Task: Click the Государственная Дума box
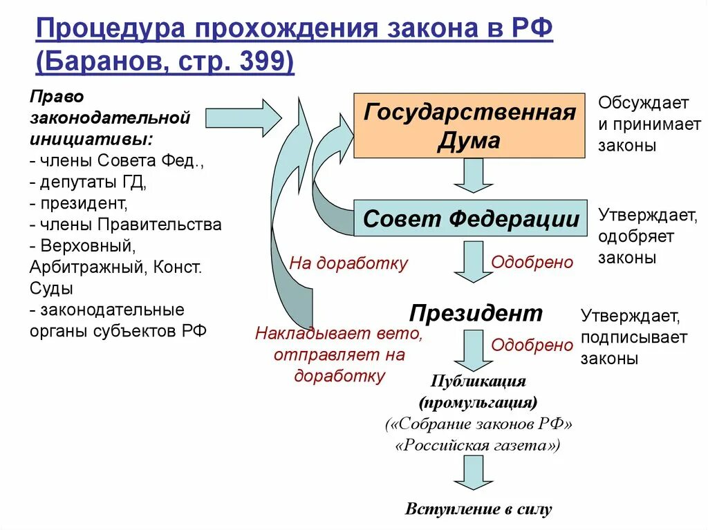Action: click(x=469, y=126)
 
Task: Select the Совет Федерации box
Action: click(x=470, y=219)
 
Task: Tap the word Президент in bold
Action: click(x=476, y=313)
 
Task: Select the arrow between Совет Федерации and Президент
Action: click(x=473, y=261)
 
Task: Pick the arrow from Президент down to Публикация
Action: click(x=473, y=350)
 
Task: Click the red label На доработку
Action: click(x=348, y=263)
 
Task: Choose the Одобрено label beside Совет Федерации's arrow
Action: click(x=532, y=263)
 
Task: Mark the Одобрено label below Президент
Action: click(x=532, y=345)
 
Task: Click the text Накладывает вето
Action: click(x=339, y=334)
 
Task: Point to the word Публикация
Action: click(x=478, y=381)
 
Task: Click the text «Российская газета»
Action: click(x=478, y=446)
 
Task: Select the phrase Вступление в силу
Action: click(x=478, y=510)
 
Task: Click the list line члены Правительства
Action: click(x=126, y=225)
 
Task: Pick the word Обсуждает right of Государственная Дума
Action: click(x=643, y=104)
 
